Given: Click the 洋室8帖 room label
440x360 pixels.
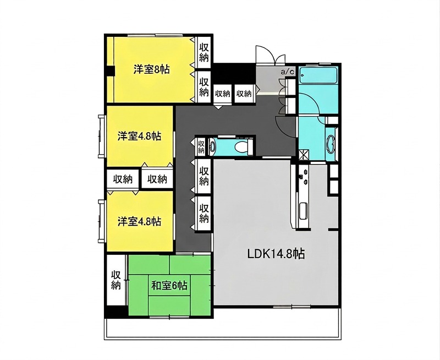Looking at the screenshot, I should (151, 69).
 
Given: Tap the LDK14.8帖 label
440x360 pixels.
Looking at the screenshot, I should (276, 254).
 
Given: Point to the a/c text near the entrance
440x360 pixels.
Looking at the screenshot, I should (288, 72).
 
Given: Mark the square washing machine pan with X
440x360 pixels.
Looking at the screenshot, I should (303, 154).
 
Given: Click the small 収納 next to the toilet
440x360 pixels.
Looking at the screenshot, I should (201, 146).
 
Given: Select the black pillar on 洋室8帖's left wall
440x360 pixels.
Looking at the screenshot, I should (110, 71).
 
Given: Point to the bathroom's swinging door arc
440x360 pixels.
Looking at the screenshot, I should (308, 105).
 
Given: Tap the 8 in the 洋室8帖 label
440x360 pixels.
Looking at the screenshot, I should (157, 69).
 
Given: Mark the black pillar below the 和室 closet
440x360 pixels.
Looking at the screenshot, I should (116, 311).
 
